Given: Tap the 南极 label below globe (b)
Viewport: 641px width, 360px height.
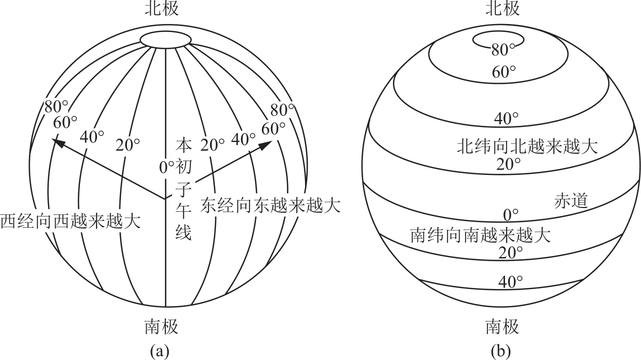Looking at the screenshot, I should (502, 326).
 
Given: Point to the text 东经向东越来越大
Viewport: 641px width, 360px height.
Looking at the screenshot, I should (270, 205).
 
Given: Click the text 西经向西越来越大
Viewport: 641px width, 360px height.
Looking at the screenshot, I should (70, 220).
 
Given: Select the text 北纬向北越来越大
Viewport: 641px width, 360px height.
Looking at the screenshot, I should (527, 147).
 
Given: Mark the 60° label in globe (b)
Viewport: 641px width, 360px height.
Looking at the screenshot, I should (503, 72).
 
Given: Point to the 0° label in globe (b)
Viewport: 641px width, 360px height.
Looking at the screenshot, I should (511, 214).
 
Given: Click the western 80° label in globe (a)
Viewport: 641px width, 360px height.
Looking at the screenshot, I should (57, 107).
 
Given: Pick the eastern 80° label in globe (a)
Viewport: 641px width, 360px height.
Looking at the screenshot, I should (283, 110).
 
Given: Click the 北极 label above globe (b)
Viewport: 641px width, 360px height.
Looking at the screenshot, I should (502, 9).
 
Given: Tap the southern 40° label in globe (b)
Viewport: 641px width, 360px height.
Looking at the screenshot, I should (510, 281).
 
